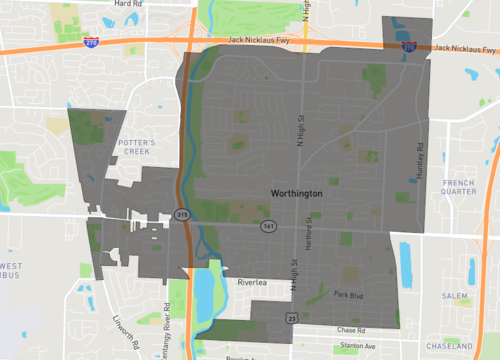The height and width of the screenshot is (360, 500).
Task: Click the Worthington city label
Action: click(x=296, y=193)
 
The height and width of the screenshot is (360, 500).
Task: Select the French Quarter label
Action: click(x=460, y=188)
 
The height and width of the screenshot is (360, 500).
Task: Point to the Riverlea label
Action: click(x=253, y=283)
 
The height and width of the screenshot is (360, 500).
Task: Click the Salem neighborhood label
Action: click(x=456, y=296)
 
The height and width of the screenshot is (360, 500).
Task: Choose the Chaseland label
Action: click(x=458, y=342)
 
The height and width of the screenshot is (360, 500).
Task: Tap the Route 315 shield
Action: click(x=181, y=214)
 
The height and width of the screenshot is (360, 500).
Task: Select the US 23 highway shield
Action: click(x=291, y=317)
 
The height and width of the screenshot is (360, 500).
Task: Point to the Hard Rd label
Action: click(x=128, y=4)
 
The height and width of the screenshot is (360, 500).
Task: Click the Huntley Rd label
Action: click(x=421, y=160)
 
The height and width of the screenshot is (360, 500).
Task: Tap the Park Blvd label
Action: click(x=347, y=295)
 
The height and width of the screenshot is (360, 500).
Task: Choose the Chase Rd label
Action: click(x=351, y=329)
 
